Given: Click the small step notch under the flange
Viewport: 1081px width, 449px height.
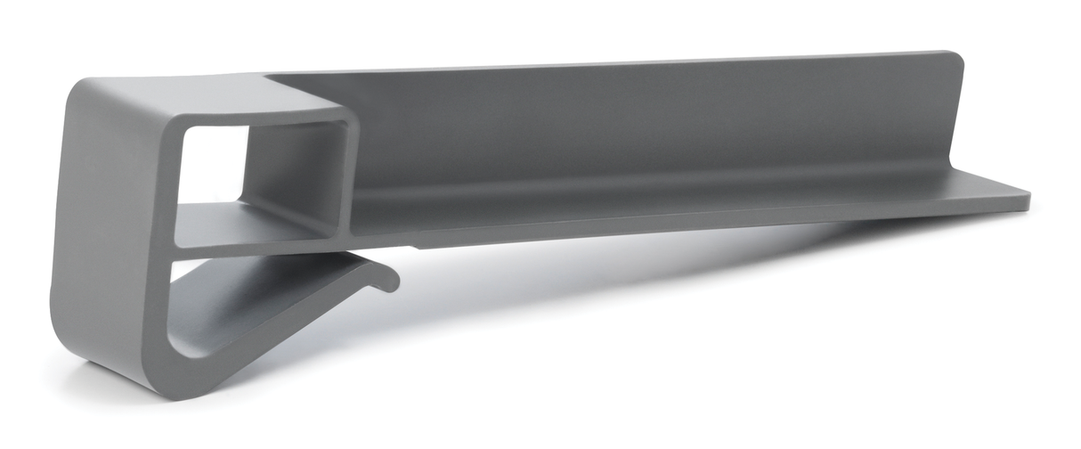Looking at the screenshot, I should pos(415,243).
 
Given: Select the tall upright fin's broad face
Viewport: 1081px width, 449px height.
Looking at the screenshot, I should pos(623,125).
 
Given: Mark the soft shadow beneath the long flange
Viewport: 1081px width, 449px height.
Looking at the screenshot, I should pos(668,267).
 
